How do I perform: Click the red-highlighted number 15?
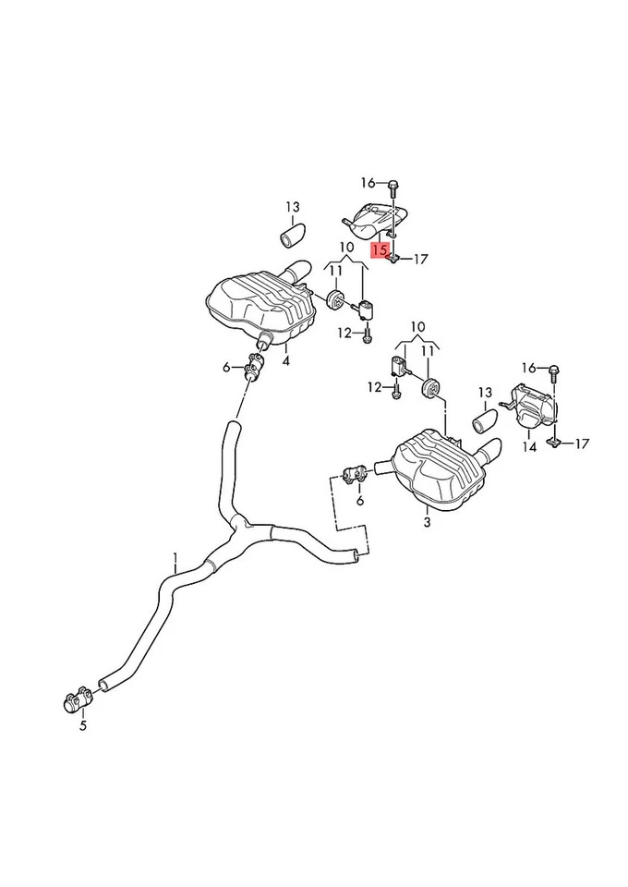click(379, 249)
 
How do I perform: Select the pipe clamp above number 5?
click(78, 699)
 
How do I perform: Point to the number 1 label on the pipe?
click(175, 557)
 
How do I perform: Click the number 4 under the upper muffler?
click(285, 360)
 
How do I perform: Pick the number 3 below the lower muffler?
click(426, 522)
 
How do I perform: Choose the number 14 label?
click(528, 447)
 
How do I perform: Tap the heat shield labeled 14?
click(531, 407)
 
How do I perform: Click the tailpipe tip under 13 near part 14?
click(486, 423)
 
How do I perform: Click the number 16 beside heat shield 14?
click(528, 368)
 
